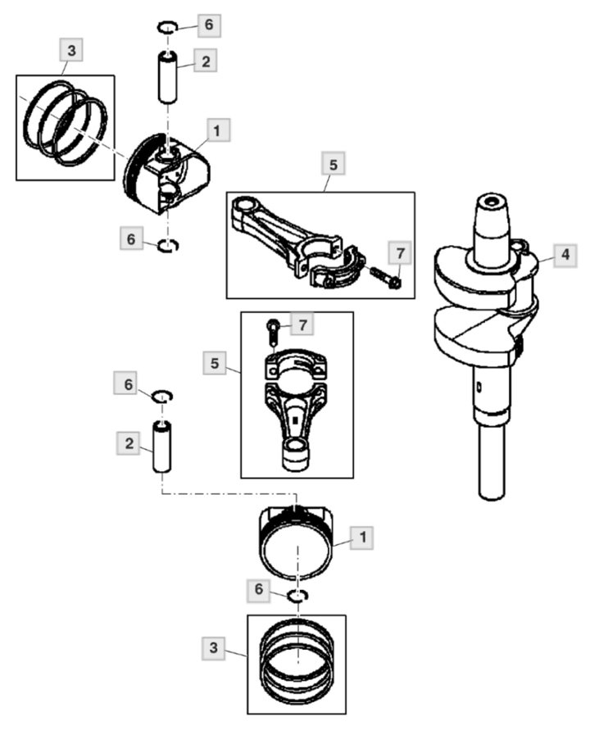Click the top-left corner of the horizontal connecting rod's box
[227, 193]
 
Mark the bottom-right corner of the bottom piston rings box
[346, 714]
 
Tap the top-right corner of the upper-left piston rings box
[115, 75]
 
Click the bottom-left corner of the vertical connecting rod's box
[241, 478]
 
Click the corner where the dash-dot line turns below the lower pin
[161, 492]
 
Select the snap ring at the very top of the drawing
[166, 27]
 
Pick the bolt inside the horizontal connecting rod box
[385, 277]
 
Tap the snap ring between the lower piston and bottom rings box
[297, 596]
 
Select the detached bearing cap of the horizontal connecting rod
[337, 270]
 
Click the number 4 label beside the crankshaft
[565, 255]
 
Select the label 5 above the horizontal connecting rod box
[334, 164]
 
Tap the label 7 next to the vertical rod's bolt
[302, 324]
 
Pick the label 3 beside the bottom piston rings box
[213, 648]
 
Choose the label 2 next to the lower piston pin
[129, 443]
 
